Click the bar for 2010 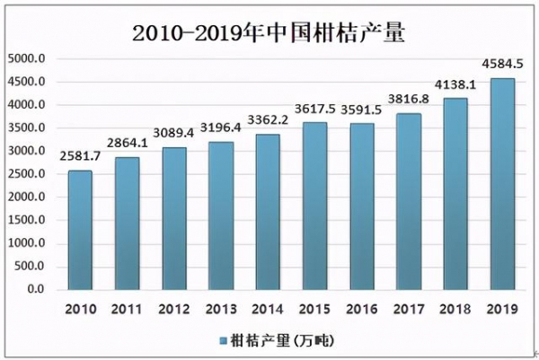point(80,230)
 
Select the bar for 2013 point(221,215)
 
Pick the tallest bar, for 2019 point(501,184)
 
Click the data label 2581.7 point(81,158)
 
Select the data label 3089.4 point(173,135)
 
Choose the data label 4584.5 point(502,66)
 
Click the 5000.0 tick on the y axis point(27,59)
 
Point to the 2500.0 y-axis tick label point(27,174)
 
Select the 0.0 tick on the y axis point(35,290)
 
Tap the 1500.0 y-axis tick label point(27,221)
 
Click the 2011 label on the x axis point(127,309)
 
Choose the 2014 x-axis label point(268,309)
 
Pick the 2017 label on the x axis point(408,309)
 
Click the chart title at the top point(269,33)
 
